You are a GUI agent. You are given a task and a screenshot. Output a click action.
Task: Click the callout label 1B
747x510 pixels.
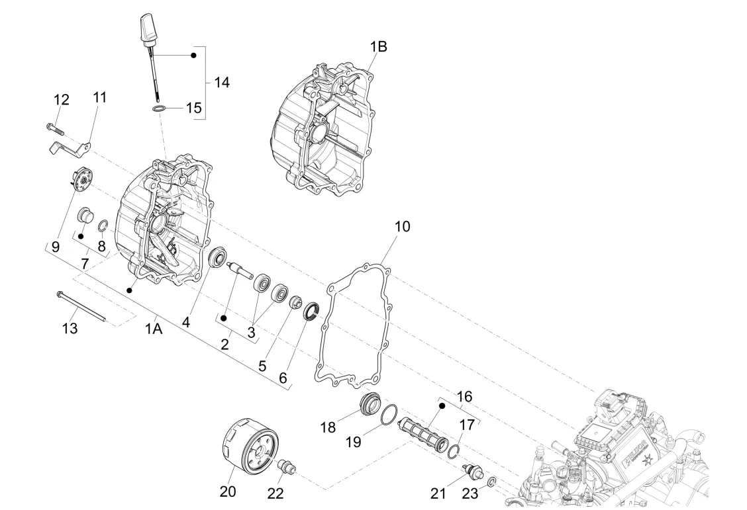pos(379,46)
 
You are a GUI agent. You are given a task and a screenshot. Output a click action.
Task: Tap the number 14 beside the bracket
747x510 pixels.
pos(221,82)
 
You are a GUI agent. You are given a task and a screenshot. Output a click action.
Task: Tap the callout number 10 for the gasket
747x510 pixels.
pos(402,226)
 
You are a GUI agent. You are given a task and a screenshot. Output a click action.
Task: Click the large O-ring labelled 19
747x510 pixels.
pos(389,413)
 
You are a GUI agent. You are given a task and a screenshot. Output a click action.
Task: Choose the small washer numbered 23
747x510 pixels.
pos(491,483)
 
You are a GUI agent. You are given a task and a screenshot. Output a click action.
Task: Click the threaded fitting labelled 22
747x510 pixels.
pos(288,465)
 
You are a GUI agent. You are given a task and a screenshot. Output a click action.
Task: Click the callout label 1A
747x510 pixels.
pos(154,328)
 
